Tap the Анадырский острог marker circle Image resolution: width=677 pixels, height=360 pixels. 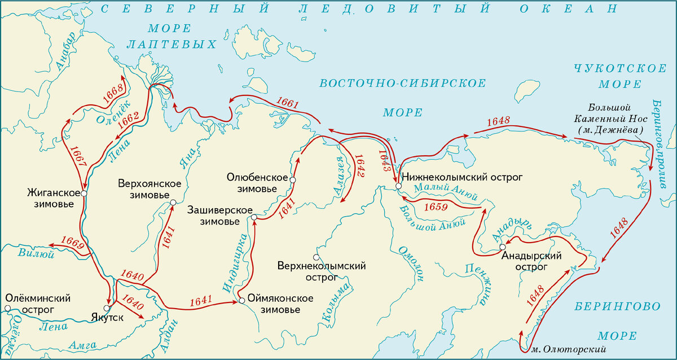[502, 248]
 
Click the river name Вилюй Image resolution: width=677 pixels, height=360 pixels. [35, 254]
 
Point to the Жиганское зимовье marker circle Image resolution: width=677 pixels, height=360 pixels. [83, 193]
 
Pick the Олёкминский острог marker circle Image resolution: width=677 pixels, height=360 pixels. [7, 308]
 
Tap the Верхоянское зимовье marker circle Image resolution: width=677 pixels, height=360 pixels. [173, 202]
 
